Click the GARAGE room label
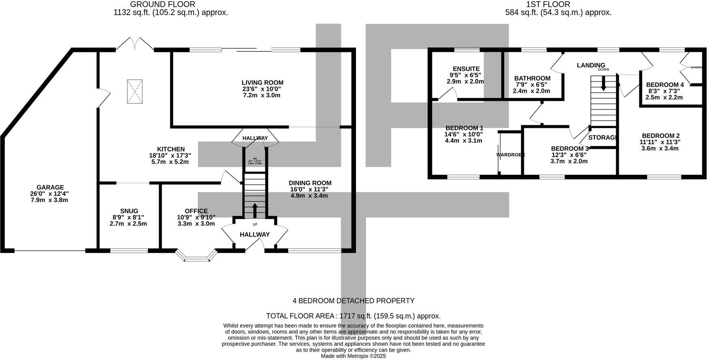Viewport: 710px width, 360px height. pos(50,187)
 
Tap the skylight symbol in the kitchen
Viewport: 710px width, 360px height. pos(135,91)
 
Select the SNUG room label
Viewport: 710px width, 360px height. pos(129,211)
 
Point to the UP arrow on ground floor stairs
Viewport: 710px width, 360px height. pos(255,210)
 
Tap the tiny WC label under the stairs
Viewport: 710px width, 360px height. pos(255,159)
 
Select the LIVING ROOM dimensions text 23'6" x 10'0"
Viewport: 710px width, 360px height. pos(262,89)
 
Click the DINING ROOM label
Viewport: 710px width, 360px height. pos(310,183)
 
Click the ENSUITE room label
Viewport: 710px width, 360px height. pos(466,69)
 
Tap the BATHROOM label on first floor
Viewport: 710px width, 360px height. pos(532,78)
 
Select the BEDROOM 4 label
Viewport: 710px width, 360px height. pos(665,85)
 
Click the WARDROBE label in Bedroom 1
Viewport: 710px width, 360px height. pos(511,154)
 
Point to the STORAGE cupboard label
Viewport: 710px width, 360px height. pos(602,137)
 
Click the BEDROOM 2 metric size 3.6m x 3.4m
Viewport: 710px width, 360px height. pos(660,148)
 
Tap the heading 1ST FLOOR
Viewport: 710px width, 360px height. pos(548,4)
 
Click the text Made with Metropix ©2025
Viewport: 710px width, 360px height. pos(353,356)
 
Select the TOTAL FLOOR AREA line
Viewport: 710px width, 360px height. pos(353,316)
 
